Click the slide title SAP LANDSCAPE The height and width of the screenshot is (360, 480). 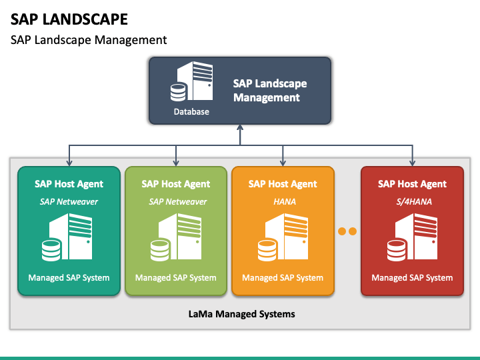69,19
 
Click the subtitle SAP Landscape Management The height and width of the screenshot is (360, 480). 89,40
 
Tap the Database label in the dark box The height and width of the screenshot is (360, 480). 191,112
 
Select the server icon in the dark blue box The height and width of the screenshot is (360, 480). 191,81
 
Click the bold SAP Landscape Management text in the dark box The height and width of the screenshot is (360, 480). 270,90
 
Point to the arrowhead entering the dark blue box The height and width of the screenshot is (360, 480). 240,127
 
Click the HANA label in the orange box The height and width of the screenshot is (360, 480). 285,202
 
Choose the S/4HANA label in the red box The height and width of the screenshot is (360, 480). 414,202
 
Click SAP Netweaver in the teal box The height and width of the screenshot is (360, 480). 69,202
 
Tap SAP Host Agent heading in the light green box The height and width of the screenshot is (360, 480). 176,184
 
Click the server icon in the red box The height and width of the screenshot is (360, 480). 413,237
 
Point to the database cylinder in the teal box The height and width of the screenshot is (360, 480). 51,251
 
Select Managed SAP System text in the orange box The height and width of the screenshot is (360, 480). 283,277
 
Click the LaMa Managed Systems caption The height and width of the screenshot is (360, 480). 241,314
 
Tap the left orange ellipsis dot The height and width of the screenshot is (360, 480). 342,231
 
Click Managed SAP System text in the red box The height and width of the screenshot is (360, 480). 412,277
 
